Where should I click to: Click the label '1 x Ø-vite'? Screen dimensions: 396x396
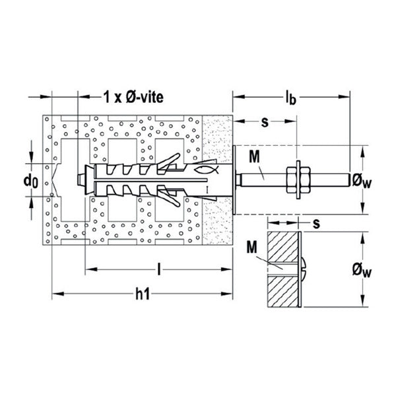133,97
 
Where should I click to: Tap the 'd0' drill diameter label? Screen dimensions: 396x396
31,181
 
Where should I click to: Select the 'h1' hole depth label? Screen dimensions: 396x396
143,294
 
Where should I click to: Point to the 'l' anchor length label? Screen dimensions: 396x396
159,269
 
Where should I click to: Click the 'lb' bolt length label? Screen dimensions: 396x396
290,98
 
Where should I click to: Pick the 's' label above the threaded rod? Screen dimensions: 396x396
265,122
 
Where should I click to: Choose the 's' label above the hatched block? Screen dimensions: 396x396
316,224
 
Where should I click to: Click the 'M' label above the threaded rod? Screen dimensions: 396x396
254,157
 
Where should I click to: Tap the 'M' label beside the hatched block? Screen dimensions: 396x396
252,247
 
